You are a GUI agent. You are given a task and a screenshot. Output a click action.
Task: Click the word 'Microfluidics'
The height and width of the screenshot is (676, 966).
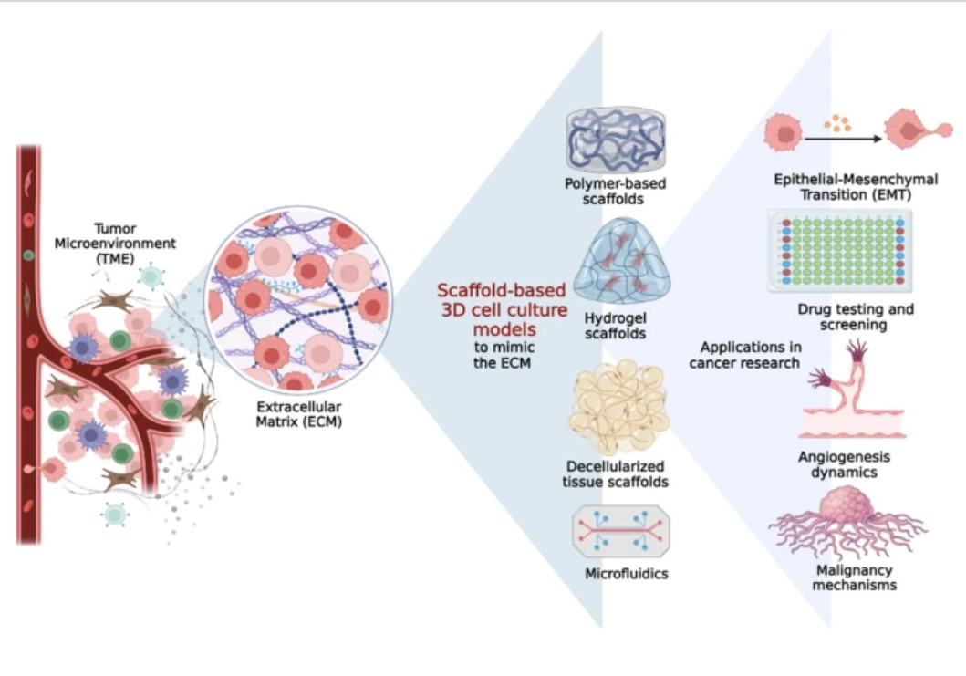(x=626, y=574)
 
